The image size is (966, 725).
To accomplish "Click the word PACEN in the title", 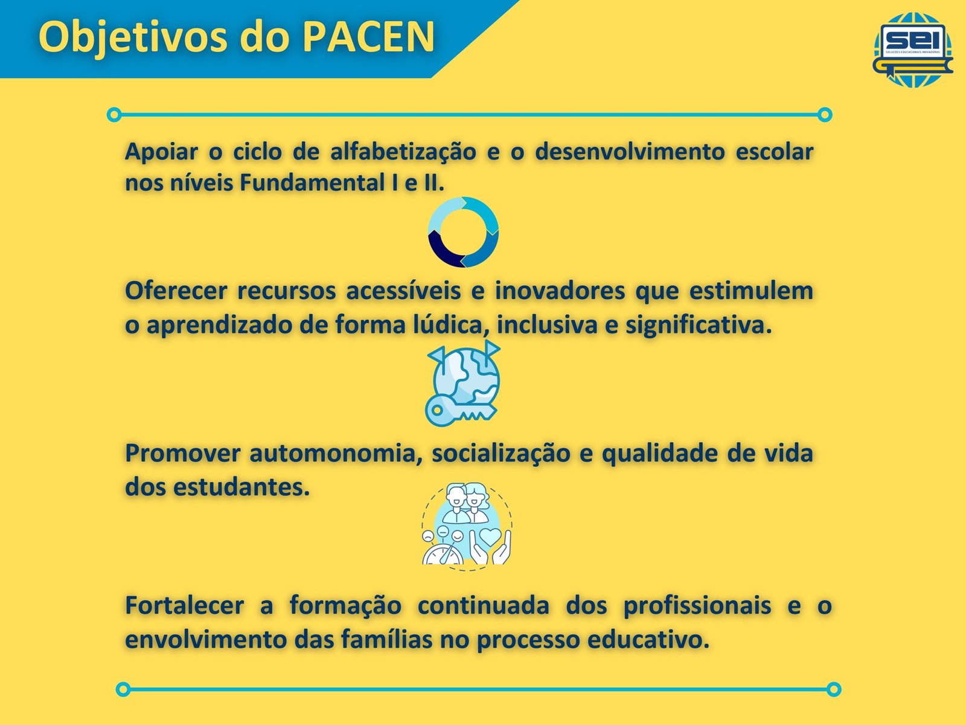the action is [x=369, y=37].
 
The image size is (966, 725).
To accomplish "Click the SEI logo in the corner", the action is [x=913, y=50].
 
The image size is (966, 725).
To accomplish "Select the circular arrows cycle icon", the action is [x=463, y=232].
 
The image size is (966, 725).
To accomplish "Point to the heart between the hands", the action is [x=490, y=536].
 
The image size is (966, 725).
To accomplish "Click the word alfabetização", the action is [x=403, y=152].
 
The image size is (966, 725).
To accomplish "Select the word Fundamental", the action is [x=312, y=183].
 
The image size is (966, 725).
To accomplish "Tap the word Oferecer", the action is [x=176, y=291].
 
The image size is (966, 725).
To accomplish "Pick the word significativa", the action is [x=699, y=326].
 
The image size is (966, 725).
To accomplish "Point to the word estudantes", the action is [x=241, y=488].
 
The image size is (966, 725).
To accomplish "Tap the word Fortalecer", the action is [x=184, y=606].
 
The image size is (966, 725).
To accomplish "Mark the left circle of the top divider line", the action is [x=114, y=115].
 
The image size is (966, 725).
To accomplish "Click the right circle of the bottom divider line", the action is [x=834, y=689].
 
